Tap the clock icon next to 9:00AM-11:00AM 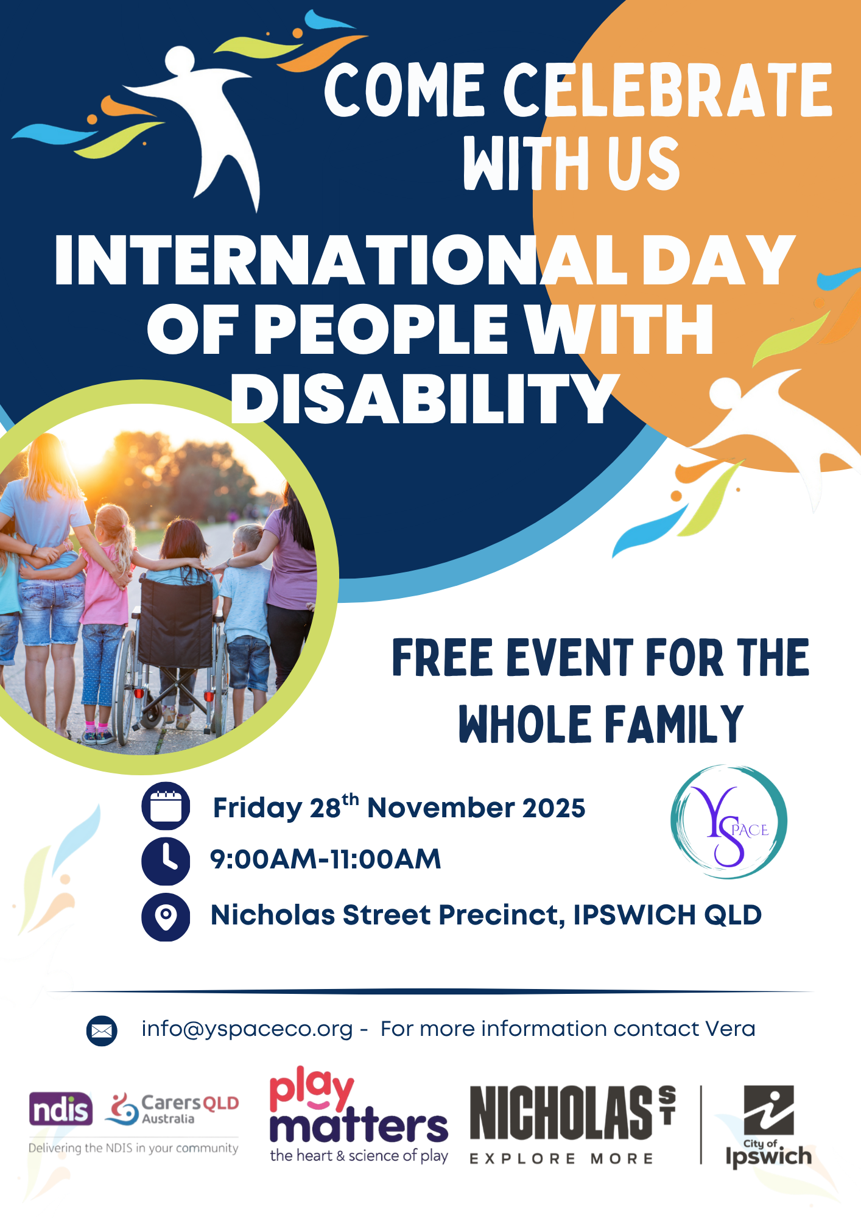[166, 861]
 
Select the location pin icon [166, 917]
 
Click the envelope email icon [102, 1030]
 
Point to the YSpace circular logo [728, 822]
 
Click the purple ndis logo [61, 1109]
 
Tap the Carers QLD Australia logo [172, 1109]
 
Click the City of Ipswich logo [768, 1127]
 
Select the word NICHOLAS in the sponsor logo [561, 1113]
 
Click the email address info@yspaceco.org [247, 1029]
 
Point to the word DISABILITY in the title [425, 398]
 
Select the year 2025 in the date [553, 808]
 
